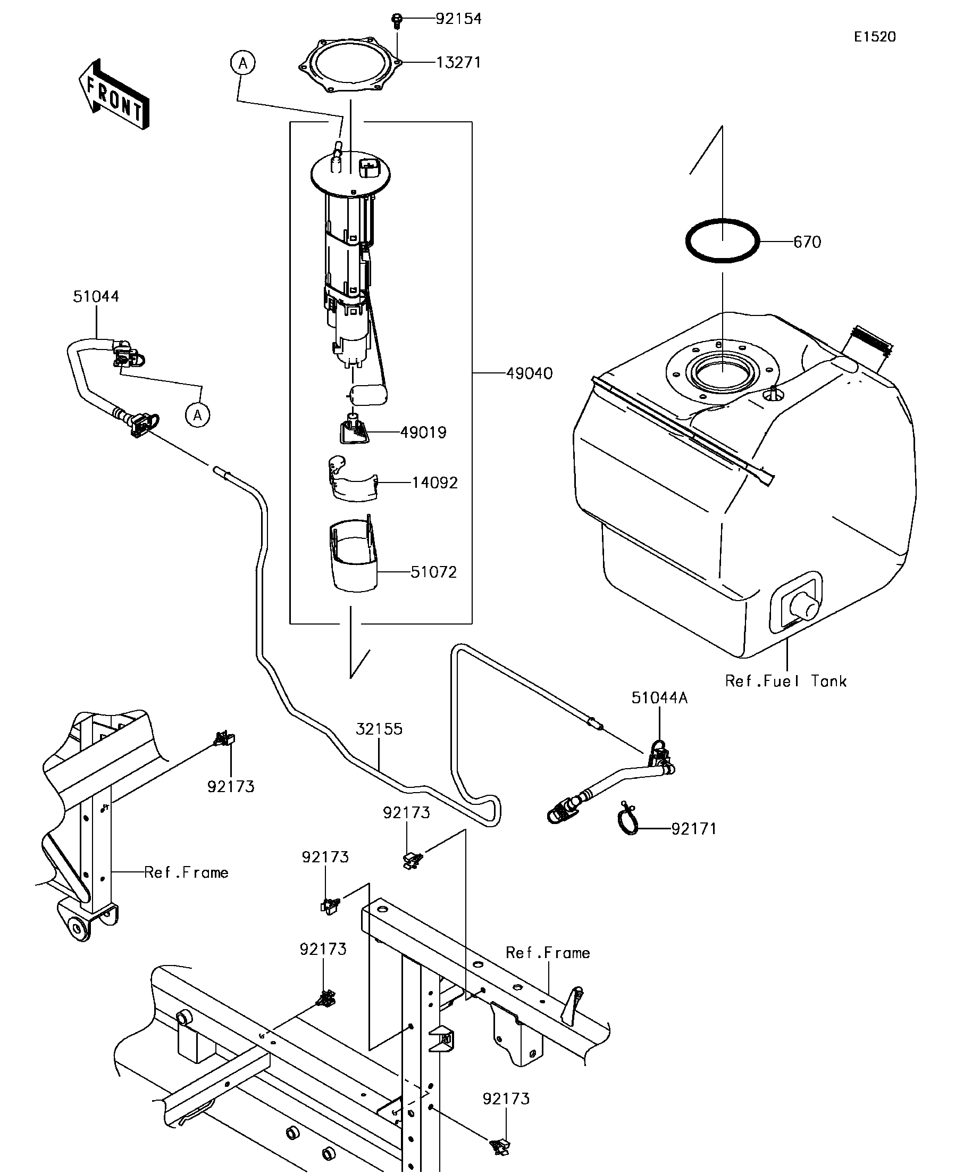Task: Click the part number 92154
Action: (458, 19)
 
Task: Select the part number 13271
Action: (458, 63)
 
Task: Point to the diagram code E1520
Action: (874, 37)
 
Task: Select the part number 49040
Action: (529, 373)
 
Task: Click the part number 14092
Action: (435, 482)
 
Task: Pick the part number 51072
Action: (434, 572)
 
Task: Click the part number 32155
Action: (379, 729)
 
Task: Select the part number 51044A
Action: (659, 697)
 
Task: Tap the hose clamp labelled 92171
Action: (628, 821)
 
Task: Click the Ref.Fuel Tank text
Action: (785, 681)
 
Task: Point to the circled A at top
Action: (243, 63)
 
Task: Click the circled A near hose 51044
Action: (198, 415)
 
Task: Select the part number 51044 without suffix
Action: (96, 297)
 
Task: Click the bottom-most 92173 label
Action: (506, 1099)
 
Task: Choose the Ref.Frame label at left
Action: (186, 872)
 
